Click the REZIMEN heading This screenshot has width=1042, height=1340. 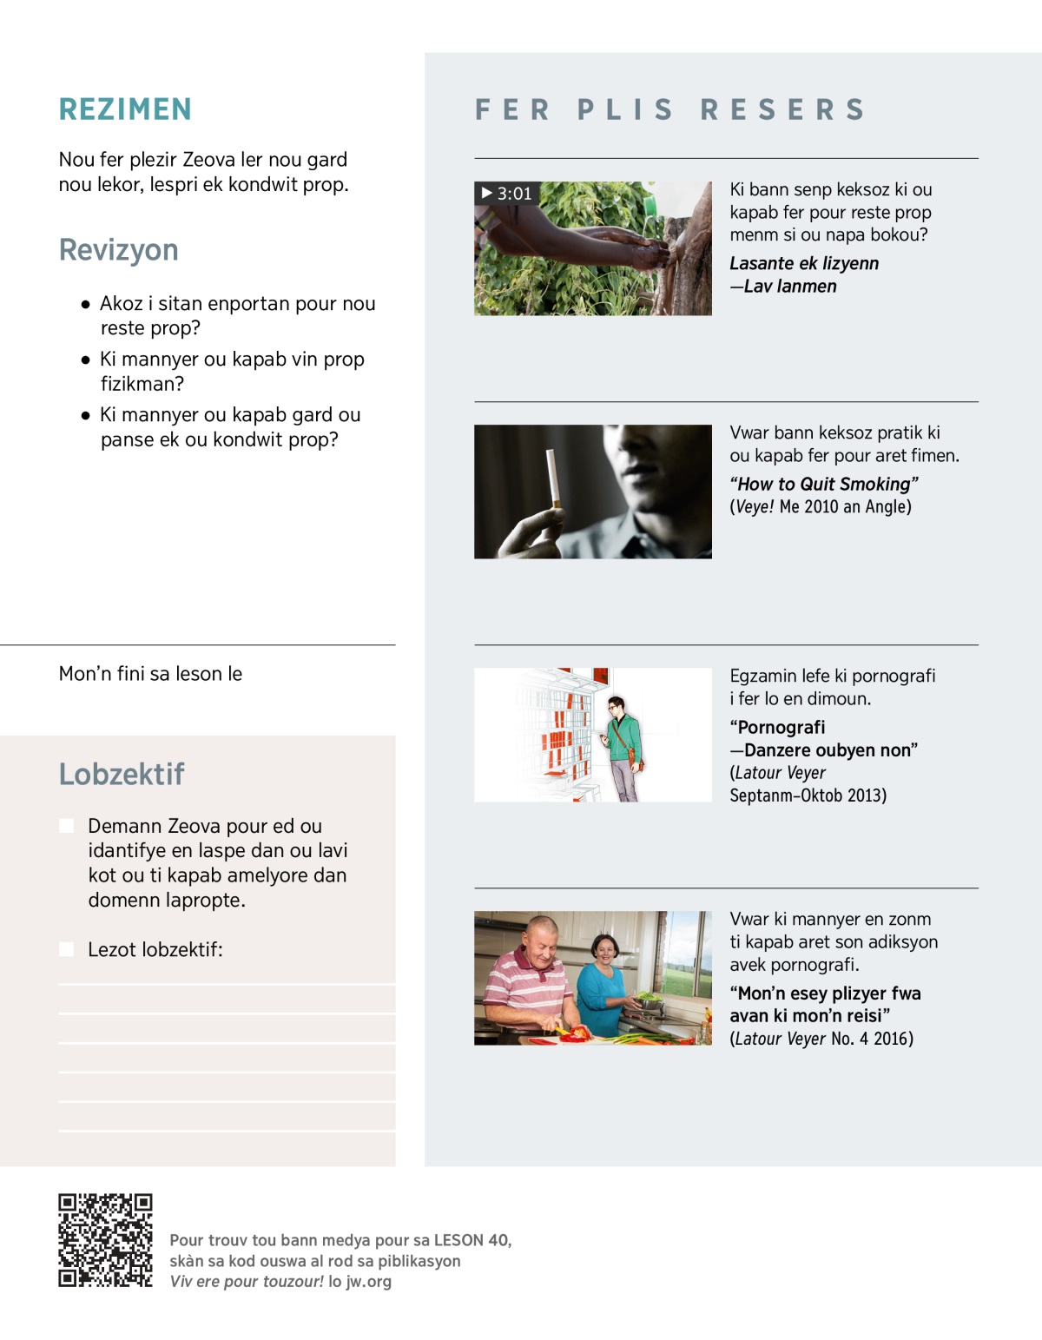125,109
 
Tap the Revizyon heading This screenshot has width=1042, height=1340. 118,250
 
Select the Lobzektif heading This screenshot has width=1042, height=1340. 122,774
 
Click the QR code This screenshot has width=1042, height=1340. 105,1240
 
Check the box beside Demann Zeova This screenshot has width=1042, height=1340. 66,826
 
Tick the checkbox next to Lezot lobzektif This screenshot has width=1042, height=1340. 66,949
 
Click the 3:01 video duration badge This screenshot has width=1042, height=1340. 506,194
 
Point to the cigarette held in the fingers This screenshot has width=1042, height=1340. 551,478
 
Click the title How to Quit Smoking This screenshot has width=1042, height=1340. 823,485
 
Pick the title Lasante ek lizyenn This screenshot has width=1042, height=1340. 803,264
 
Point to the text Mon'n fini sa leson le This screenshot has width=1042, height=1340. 150,674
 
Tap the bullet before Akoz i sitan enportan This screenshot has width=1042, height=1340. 85,305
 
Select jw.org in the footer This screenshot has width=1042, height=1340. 368,1282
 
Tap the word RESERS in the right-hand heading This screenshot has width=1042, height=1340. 783,109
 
